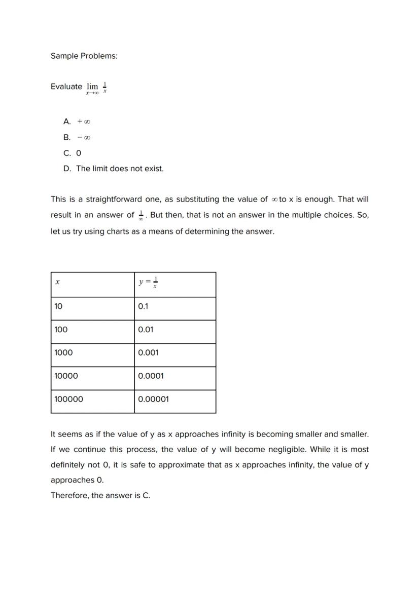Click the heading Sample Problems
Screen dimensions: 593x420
click(84, 56)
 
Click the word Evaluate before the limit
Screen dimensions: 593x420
click(66, 87)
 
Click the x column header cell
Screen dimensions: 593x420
click(92, 284)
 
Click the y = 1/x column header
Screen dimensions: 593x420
click(174, 284)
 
